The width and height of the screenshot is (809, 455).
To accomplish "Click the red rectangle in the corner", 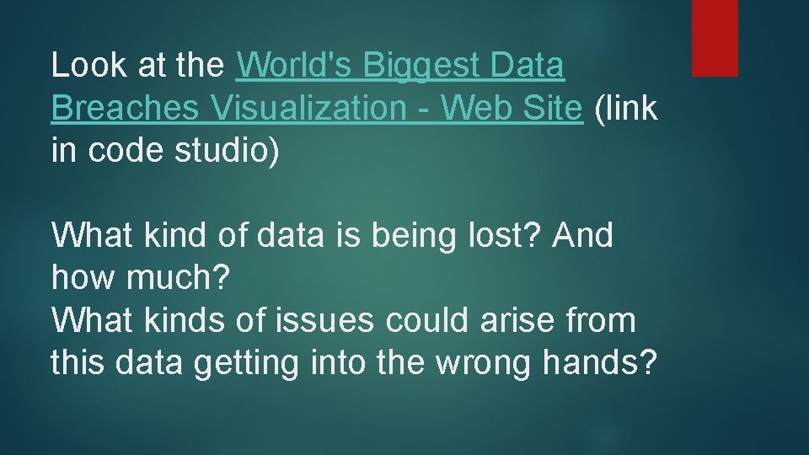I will point(715,38).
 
